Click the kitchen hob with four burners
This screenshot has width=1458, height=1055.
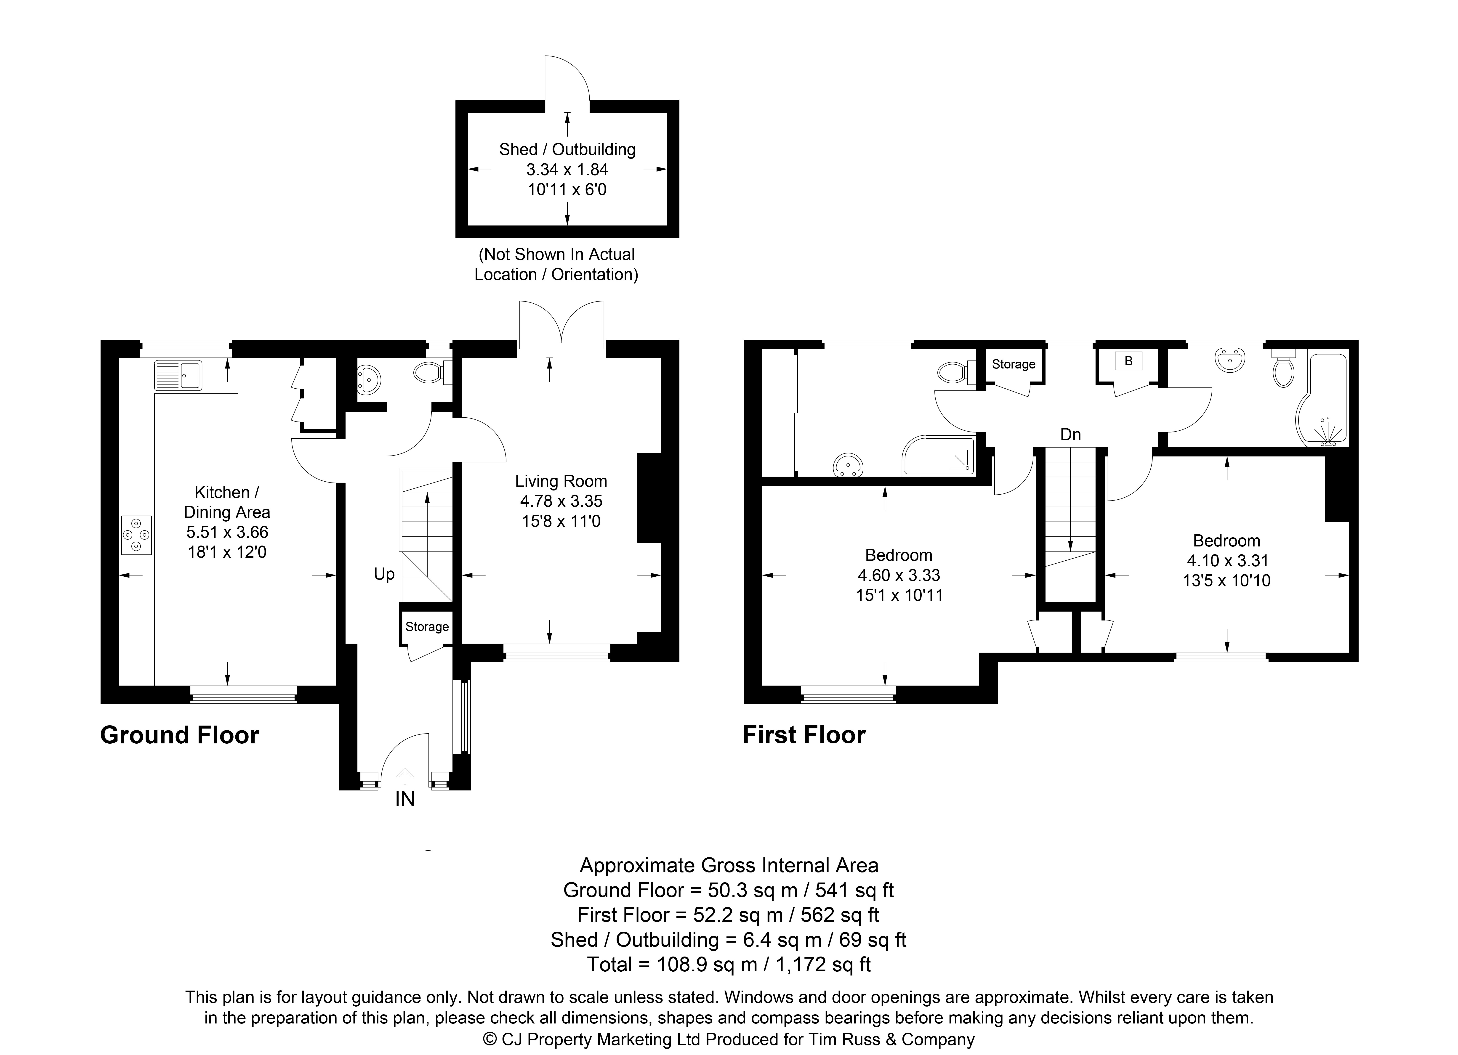(x=136, y=535)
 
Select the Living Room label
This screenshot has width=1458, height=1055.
(x=561, y=481)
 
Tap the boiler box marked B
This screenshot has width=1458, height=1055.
(x=1128, y=362)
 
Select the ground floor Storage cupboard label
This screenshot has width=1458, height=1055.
(x=427, y=626)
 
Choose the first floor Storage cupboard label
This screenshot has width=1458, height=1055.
(x=1014, y=364)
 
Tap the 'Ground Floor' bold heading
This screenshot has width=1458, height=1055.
(x=179, y=735)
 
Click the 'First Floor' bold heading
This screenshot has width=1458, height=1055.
(x=804, y=735)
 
